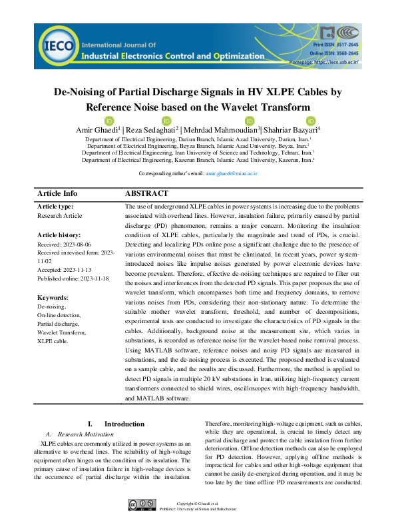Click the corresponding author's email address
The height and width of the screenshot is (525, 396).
click(232, 173)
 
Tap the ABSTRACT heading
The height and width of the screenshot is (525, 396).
click(146, 193)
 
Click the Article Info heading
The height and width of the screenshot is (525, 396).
click(57, 193)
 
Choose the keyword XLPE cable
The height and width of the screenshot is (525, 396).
click(53, 340)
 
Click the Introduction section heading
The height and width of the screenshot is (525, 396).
click(124, 424)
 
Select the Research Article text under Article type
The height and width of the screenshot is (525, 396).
click(59, 216)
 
